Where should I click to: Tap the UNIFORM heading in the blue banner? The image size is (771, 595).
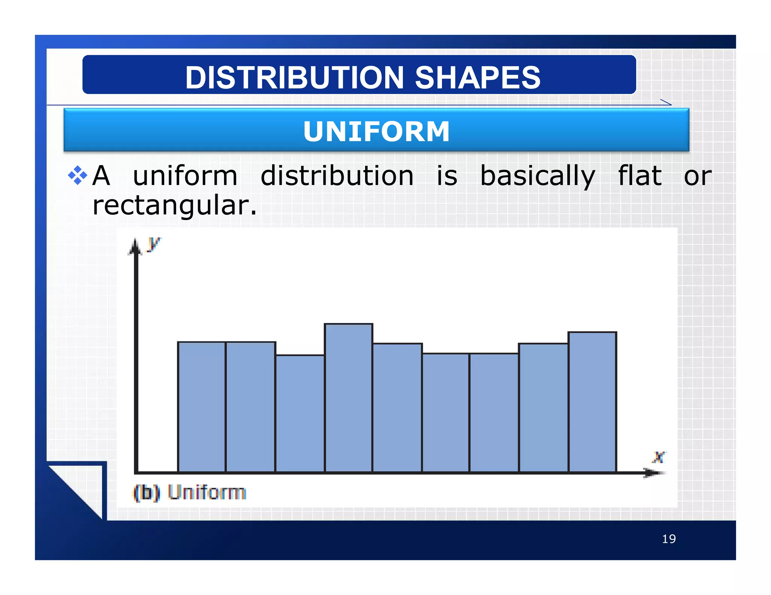click(376, 132)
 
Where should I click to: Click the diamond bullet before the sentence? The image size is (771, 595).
click(77, 175)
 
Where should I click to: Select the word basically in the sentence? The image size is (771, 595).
click(538, 176)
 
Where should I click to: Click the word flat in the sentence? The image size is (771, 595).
click(640, 176)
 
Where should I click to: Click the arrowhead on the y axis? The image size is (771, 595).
click(135, 247)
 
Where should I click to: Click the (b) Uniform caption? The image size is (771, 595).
click(190, 492)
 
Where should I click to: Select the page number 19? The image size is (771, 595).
click(669, 539)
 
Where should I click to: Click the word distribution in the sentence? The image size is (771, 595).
click(337, 176)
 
